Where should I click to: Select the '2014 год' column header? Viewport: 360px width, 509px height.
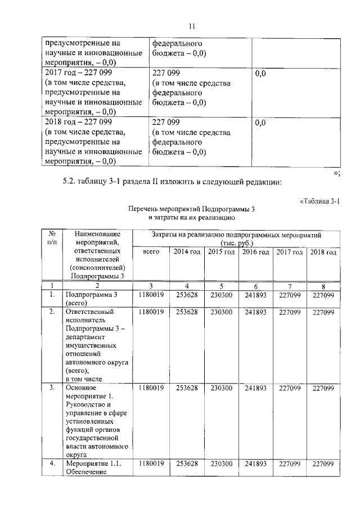(x=187, y=252)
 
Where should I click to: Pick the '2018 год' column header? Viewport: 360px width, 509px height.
(x=323, y=252)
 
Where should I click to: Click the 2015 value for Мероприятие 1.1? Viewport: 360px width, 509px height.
(x=222, y=463)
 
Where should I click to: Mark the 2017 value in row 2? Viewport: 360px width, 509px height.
(x=290, y=312)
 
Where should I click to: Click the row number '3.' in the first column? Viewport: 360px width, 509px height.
(x=51, y=388)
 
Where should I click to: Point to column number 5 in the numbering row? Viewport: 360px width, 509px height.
(x=222, y=286)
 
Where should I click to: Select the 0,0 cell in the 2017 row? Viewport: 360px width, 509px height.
(x=260, y=74)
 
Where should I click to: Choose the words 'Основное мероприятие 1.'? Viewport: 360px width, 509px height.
(x=90, y=392)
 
